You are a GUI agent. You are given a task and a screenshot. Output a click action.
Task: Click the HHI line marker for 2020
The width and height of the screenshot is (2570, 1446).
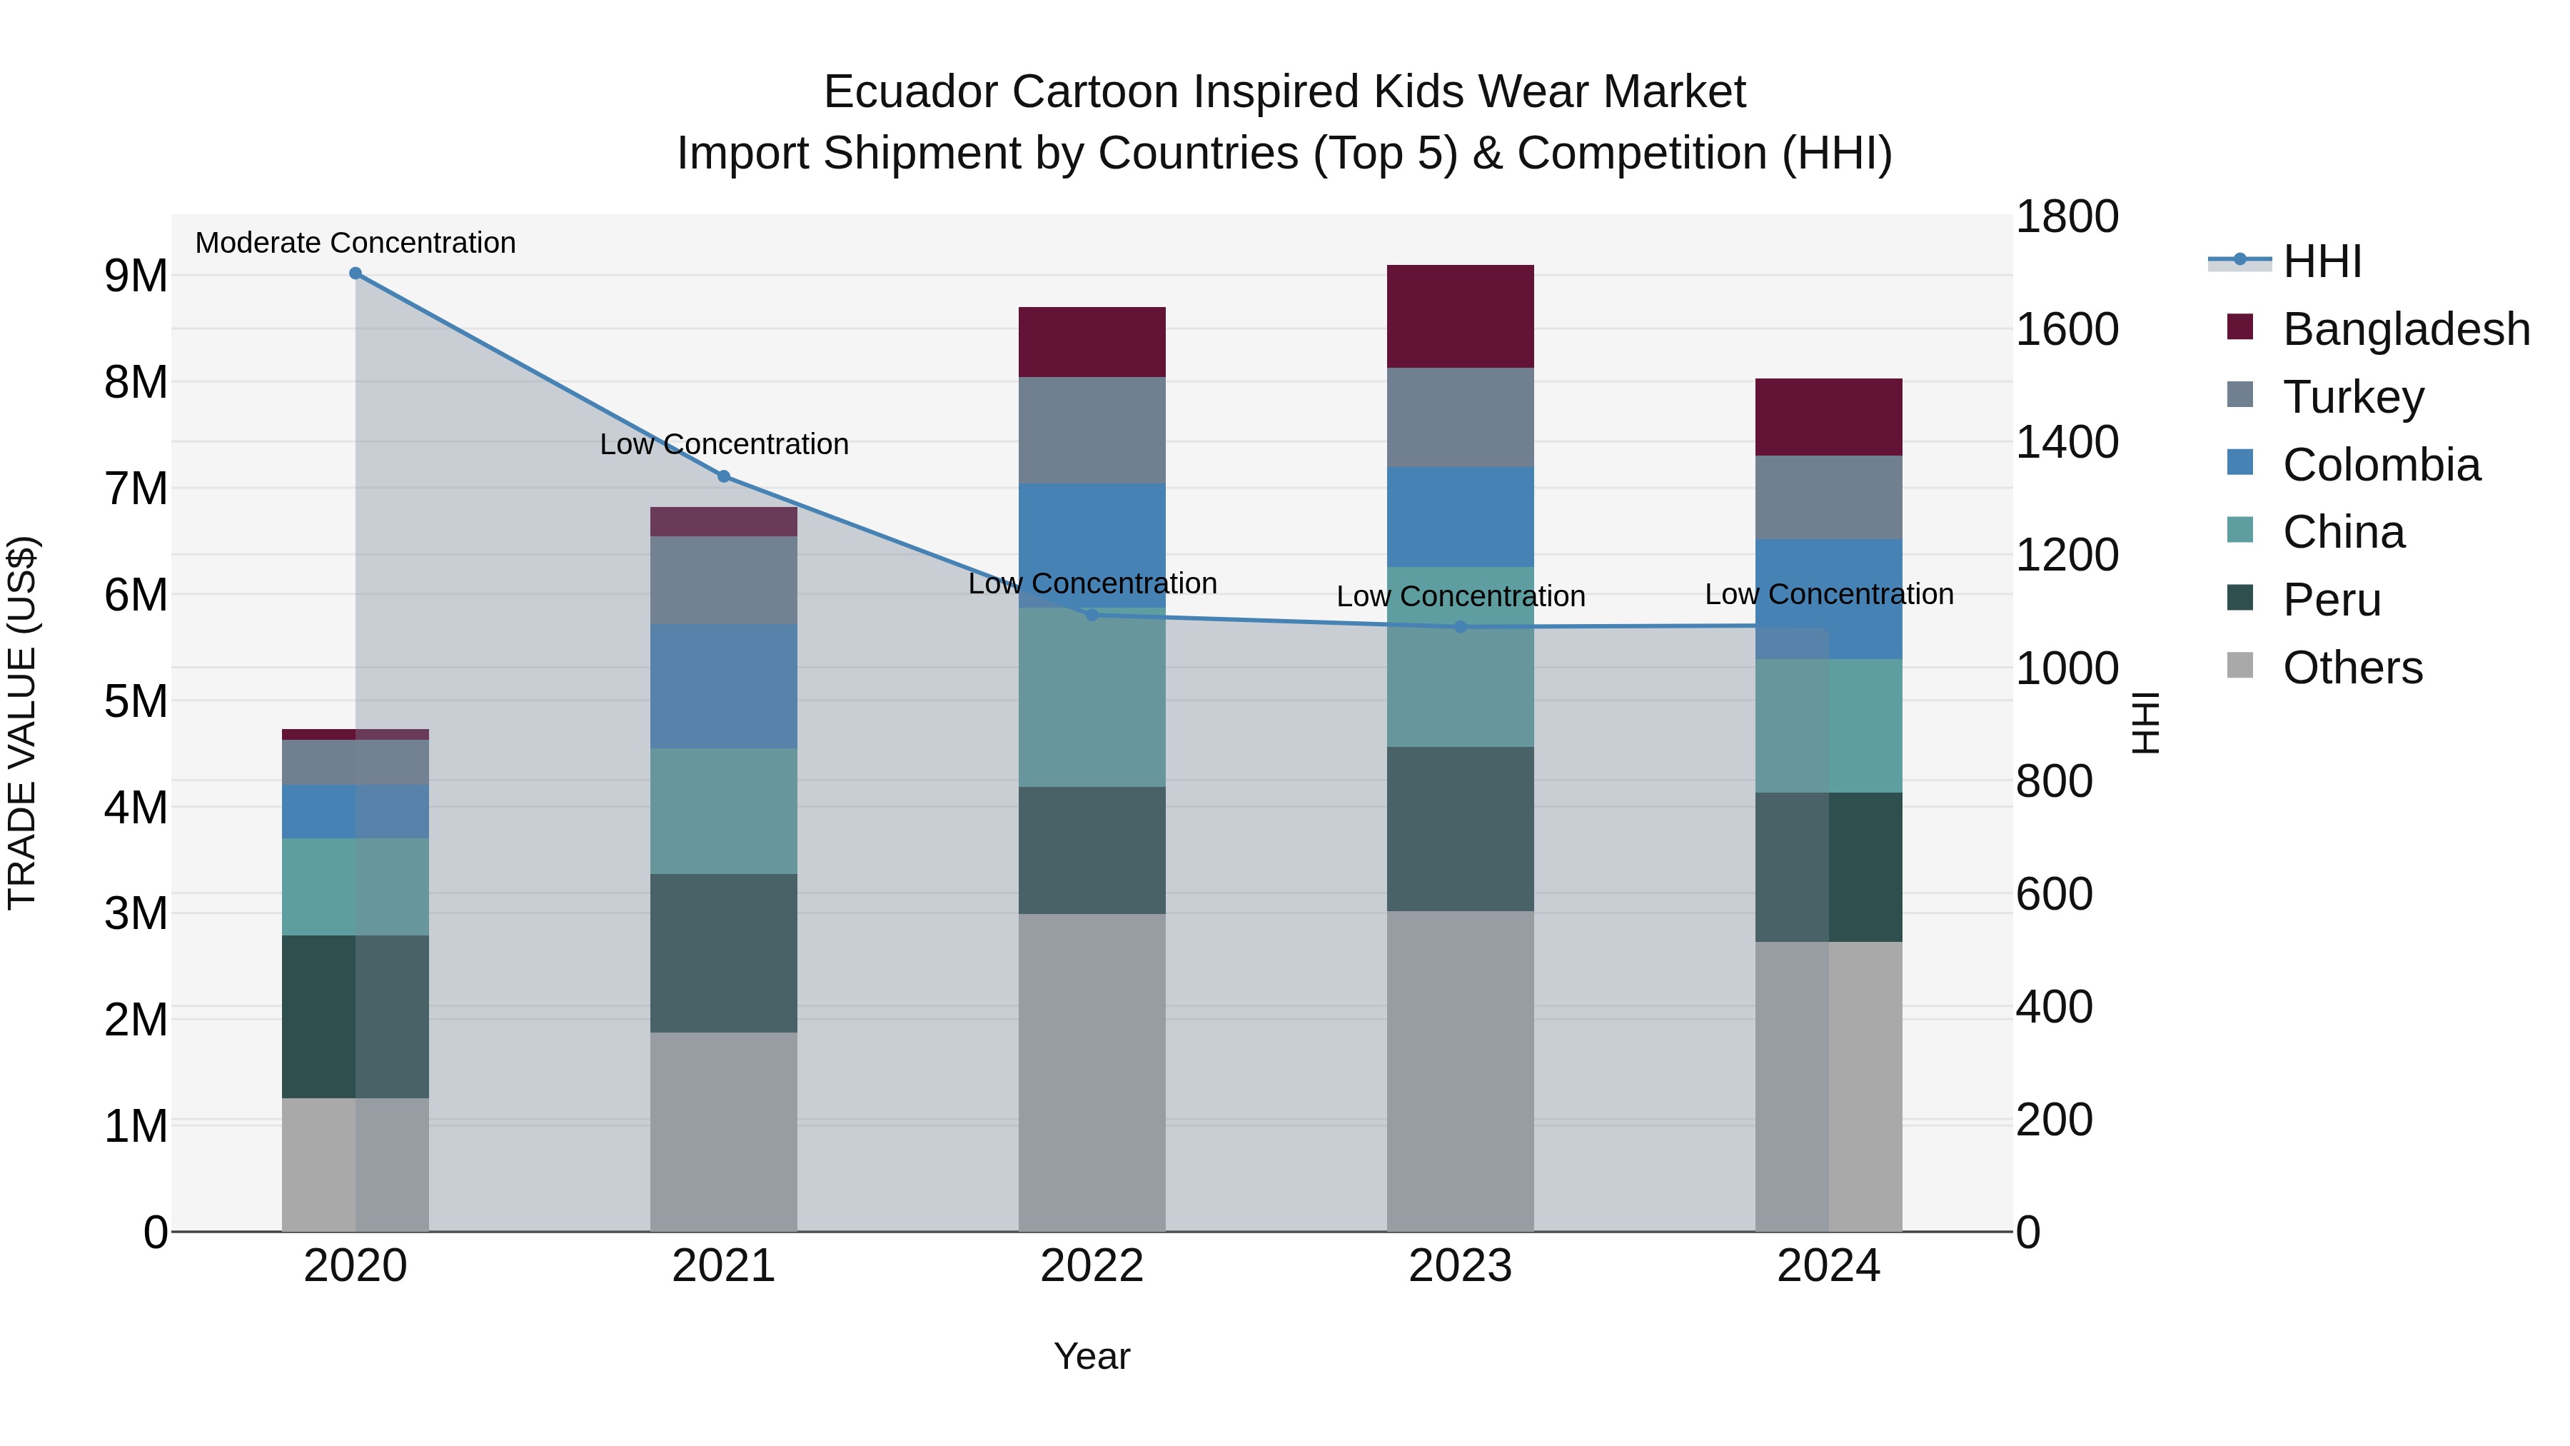pyautogui.click(x=356, y=273)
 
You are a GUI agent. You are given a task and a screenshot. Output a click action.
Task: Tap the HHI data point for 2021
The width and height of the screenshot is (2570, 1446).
pyautogui.click(x=725, y=477)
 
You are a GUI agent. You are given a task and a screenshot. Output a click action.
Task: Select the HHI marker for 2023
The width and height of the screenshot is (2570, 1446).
pyautogui.click(x=1461, y=627)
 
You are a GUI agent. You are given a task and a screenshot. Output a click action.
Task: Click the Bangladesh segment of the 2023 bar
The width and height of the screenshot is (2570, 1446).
pyautogui.click(x=1461, y=316)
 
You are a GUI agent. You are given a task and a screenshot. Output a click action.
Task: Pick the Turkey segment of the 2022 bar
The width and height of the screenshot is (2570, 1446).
pyautogui.click(x=1092, y=430)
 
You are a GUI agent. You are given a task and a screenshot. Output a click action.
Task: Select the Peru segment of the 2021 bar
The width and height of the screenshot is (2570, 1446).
pyautogui.click(x=725, y=953)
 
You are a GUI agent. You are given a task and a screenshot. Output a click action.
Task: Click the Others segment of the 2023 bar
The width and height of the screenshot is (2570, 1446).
pyautogui.click(x=1461, y=1071)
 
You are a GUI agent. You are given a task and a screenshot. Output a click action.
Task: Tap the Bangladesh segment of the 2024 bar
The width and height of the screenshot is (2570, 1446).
pyautogui.click(x=1829, y=417)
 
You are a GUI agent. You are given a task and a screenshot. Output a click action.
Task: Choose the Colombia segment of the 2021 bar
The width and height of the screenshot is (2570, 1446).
pyautogui.click(x=725, y=686)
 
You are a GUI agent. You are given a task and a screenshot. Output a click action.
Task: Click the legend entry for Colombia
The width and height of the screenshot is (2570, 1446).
pyautogui.click(x=2380, y=465)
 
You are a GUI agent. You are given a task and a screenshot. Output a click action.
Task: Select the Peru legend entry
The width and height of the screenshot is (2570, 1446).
pyautogui.click(x=2331, y=600)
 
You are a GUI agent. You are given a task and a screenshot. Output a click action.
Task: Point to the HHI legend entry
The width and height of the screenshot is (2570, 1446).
pyautogui.click(x=2321, y=261)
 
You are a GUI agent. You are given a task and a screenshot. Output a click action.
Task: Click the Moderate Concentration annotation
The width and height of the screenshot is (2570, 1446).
pyautogui.click(x=356, y=243)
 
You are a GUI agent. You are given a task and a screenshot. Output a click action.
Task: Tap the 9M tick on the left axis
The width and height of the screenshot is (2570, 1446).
pyautogui.click(x=136, y=276)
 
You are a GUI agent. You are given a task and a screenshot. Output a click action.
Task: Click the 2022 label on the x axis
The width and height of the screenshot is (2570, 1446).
pyautogui.click(x=1092, y=1266)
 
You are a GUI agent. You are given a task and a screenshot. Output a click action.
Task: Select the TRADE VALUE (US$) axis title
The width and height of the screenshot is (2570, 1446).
pyautogui.click(x=22, y=723)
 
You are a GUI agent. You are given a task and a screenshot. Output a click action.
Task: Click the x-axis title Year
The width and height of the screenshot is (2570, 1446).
pyautogui.click(x=1092, y=1356)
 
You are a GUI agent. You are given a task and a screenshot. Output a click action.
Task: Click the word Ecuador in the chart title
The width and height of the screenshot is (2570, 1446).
pyautogui.click(x=910, y=92)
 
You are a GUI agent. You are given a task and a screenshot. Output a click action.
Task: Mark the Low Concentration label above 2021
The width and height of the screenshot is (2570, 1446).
pyautogui.click(x=725, y=444)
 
